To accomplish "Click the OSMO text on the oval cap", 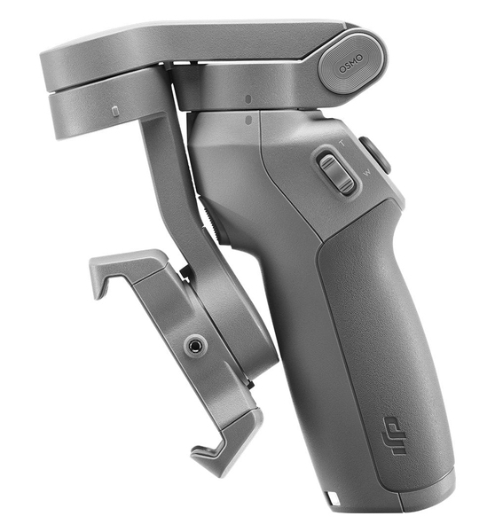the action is tap(350, 64).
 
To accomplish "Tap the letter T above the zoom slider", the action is tap(342, 143).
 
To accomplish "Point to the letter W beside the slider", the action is tap(367, 172).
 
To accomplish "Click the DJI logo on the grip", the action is tap(394, 436).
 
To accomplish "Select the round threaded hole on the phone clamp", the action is tap(196, 346).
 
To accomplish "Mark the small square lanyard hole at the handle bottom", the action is tap(330, 497).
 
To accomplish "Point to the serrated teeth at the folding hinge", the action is tap(210, 220).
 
